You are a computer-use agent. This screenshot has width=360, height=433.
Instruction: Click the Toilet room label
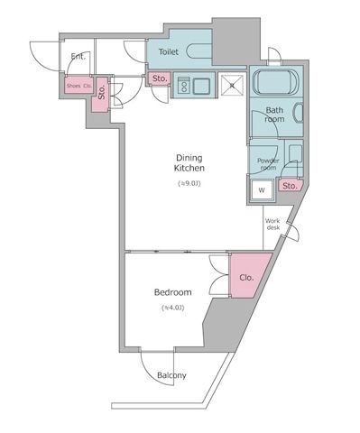pyautogui.click(x=168, y=53)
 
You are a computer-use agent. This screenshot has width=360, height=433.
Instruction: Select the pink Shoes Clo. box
pyautogui.click(x=76, y=87)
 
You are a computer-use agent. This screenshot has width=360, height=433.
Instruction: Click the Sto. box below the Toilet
pyautogui.click(x=159, y=79)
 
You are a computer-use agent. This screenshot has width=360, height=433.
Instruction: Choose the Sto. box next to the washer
pyautogui.click(x=289, y=187)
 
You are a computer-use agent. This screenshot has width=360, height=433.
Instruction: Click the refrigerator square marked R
pyautogui.click(x=231, y=85)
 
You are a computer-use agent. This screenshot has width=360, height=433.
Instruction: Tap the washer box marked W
pyautogui.click(x=262, y=190)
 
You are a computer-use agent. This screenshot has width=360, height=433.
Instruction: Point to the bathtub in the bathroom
pyautogui.click(x=279, y=83)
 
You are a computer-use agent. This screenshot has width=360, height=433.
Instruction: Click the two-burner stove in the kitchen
pyautogui.click(x=183, y=87)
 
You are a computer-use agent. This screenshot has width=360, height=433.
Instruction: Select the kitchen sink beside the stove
pyautogui.click(x=201, y=87)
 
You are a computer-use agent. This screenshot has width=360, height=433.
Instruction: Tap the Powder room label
pyautogui.click(x=268, y=163)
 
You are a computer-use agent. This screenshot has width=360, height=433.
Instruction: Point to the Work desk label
pyautogui.click(x=274, y=225)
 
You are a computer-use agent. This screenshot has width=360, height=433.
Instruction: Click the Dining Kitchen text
pyautogui.click(x=189, y=162)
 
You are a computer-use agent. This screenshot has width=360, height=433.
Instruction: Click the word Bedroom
pyautogui.click(x=172, y=292)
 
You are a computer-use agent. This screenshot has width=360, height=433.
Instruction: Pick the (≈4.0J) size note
pyautogui.click(x=172, y=309)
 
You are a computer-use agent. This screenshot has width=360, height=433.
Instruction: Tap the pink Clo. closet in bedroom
pyautogui.click(x=245, y=279)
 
